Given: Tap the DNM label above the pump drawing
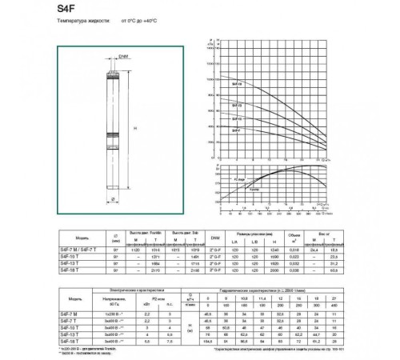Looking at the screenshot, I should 124,57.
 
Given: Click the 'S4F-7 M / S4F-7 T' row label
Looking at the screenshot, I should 77,250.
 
